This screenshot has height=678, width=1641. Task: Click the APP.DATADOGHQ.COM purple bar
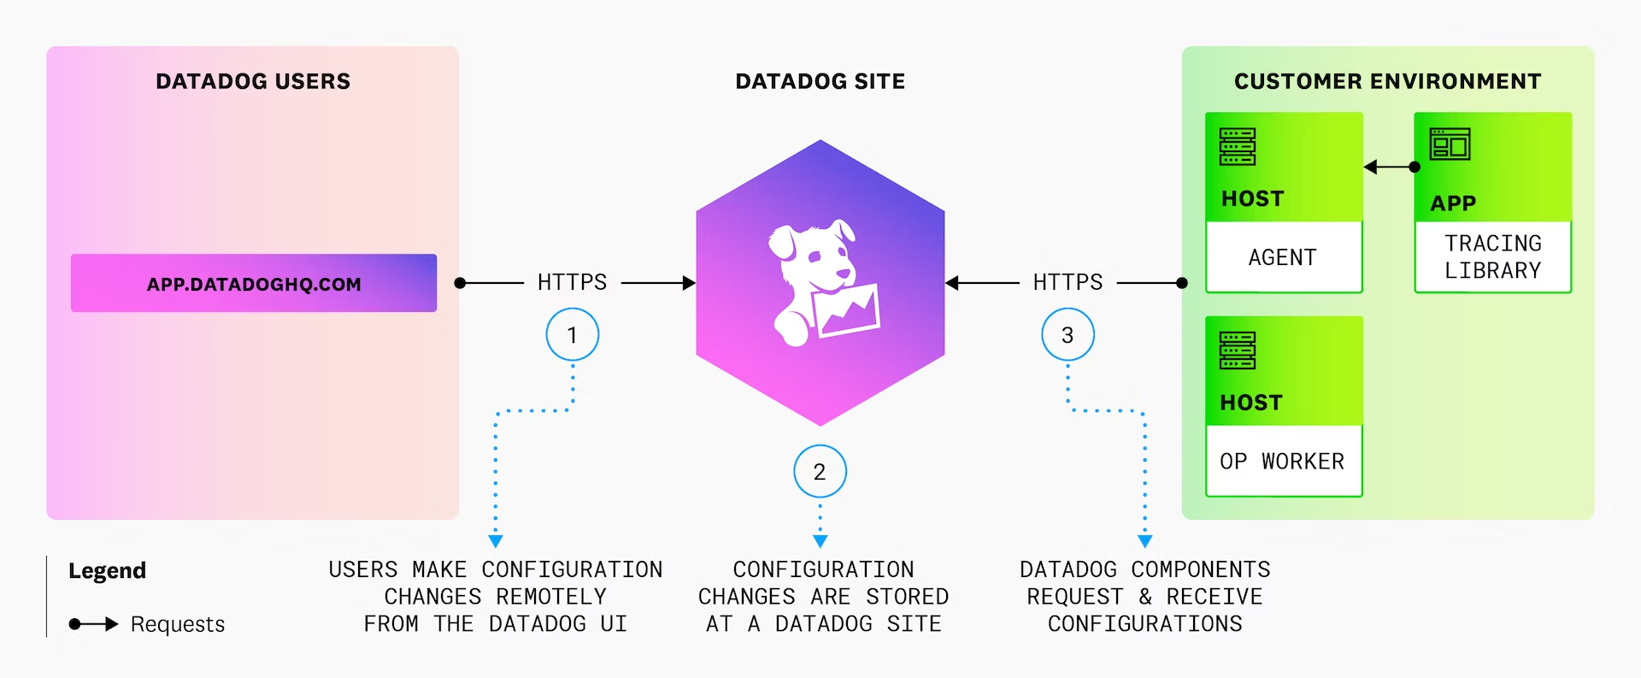(254, 283)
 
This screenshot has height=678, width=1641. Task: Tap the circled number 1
(572, 334)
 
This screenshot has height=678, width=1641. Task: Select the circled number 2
(820, 471)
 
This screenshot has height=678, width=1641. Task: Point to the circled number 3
(1068, 334)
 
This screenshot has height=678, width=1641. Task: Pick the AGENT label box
(1283, 257)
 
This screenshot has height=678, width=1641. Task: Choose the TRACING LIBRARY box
(1493, 256)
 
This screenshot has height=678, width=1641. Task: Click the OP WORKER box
(1283, 461)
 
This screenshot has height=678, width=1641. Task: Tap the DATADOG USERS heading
(253, 81)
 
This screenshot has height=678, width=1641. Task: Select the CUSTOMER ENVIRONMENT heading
(1387, 81)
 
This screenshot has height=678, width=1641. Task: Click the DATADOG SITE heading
(820, 81)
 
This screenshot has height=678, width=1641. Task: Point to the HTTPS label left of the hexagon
(572, 282)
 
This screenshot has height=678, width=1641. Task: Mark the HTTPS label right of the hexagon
(1068, 282)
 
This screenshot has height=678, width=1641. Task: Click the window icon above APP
(1450, 144)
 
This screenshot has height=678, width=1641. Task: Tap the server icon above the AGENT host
(1238, 146)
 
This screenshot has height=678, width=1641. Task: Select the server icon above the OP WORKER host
(1238, 351)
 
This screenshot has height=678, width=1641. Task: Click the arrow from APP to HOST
(1390, 167)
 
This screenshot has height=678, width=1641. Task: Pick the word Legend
(108, 570)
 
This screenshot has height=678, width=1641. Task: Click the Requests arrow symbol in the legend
(93, 624)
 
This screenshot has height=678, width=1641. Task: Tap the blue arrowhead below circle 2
(820, 541)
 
